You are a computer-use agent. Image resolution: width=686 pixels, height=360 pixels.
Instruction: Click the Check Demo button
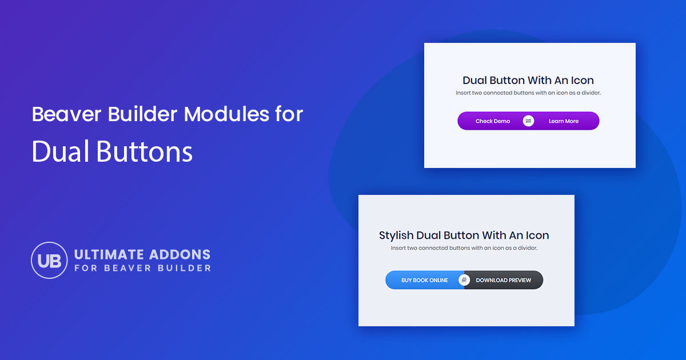(x=492, y=121)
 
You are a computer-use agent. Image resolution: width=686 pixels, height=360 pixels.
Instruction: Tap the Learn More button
(x=564, y=121)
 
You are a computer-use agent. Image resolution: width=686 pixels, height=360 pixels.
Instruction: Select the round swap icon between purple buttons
(x=528, y=121)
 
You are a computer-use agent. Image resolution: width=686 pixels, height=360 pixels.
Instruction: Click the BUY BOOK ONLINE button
(x=424, y=280)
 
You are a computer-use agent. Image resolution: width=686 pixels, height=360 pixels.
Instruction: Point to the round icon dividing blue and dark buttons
(x=465, y=280)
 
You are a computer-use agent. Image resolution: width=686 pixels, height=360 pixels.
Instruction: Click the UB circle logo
(x=50, y=260)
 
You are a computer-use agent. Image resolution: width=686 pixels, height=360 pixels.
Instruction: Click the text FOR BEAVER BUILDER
(x=142, y=268)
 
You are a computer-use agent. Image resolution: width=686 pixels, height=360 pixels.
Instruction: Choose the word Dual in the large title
(x=61, y=151)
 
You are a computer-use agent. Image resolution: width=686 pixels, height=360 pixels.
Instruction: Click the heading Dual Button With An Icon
(x=528, y=81)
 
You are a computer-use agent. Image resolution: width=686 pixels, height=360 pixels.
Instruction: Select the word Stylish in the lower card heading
(x=397, y=235)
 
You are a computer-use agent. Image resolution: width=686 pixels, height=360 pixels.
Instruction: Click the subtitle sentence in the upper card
(x=528, y=93)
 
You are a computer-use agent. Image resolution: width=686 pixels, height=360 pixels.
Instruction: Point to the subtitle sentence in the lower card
(x=464, y=248)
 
